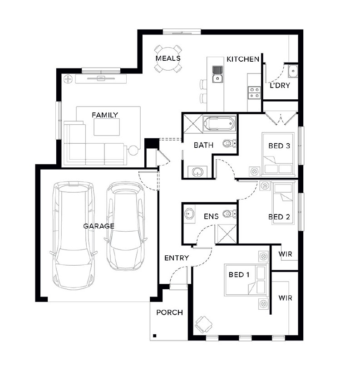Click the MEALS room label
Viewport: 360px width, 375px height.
click(x=168, y=58)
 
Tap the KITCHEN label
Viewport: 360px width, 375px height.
click(x=243, y=59)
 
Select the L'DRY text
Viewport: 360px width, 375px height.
click(x=280, y=85)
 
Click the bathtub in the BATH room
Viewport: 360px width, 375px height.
click(x=219, y=123)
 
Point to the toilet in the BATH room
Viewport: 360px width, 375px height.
click(x=230, y=143)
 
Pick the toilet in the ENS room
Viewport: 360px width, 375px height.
click(x=230, y=214)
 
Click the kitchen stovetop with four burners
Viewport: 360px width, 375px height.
click(x=254, y=93)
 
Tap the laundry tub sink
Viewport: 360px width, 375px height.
click(x=293, y=71)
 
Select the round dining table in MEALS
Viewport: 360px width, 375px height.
click(x=168, y=59)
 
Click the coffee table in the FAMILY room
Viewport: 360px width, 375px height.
click(x=107, y=127)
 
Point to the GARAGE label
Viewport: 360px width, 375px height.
click(x=99, y=226)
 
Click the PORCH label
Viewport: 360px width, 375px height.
click(x=169, y=312)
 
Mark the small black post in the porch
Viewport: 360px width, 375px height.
click(x=155, y=336)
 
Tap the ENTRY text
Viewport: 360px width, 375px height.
click(x=177, y=258)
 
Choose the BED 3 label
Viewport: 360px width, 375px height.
click(x=279, y=146)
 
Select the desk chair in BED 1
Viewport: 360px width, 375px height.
click(x=203, y=325)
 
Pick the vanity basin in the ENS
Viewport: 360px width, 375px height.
click(x=189, y=214)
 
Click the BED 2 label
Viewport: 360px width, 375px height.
click(x=279, y=217)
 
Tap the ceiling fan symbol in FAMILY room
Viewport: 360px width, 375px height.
click(x=68, y=79)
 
